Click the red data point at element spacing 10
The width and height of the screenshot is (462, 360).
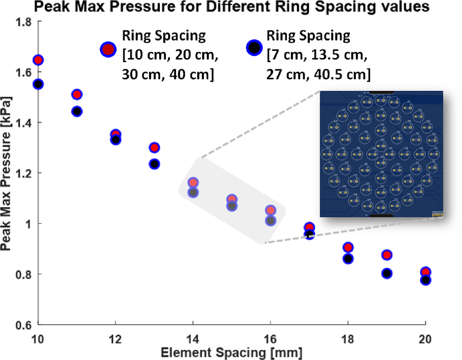tap(38, 60)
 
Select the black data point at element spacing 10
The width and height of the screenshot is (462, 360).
tap(38, 84)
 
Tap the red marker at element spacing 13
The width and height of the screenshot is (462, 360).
tap(154, 148)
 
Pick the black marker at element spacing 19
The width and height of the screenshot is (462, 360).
tap(387, 273)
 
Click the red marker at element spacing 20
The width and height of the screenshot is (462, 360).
tap(425, 272)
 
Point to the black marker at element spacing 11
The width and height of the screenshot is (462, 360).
tap(77, 112)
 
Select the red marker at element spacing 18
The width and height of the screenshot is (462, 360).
tap(348, 247)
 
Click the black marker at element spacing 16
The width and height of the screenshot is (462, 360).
tap(271, 221)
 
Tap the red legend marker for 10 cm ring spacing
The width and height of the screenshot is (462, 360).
tap(109, 49)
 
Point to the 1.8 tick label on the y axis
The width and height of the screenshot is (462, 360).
tap(24, 22)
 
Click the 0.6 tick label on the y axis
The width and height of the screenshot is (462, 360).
tap(24, 325)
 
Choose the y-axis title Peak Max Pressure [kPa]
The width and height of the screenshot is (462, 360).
tap(7, 173)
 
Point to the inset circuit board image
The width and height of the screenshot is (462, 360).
tap(382, 154)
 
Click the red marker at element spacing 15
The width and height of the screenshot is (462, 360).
tap(232, 199)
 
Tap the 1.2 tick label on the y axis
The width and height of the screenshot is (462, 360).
tap(24, 173)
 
